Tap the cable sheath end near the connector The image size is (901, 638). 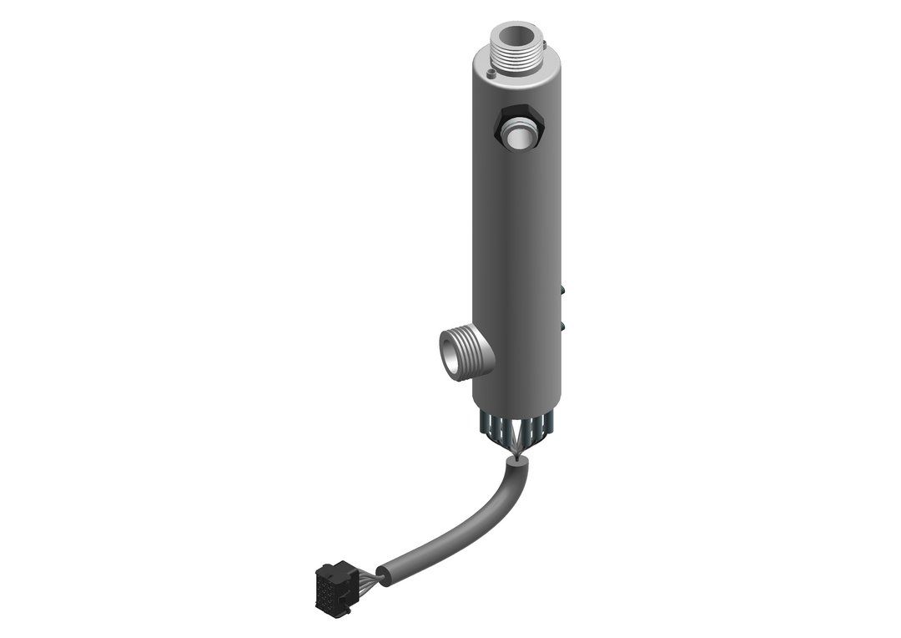point(383,575)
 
